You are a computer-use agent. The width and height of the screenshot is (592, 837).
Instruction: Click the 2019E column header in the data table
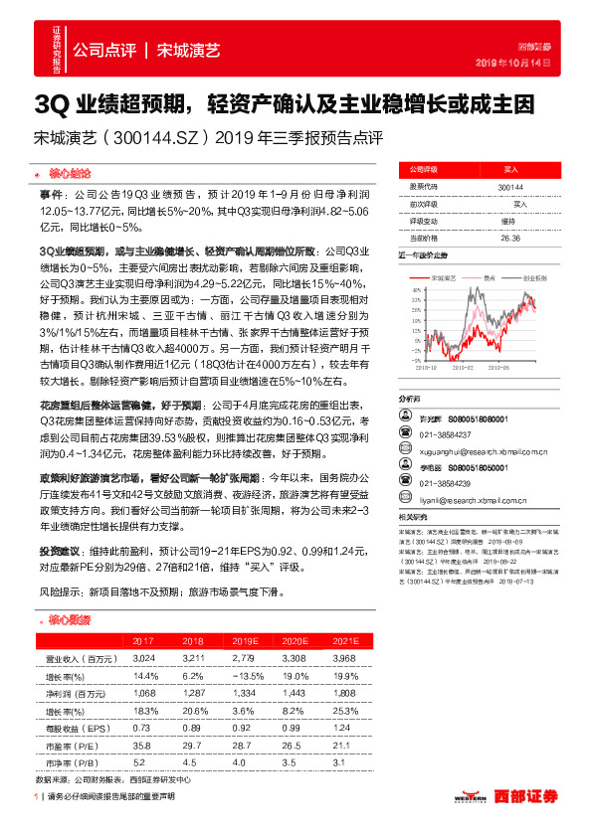237,640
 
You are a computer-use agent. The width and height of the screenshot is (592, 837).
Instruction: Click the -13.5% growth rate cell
237,675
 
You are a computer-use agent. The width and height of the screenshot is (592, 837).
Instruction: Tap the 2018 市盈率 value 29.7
191,745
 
